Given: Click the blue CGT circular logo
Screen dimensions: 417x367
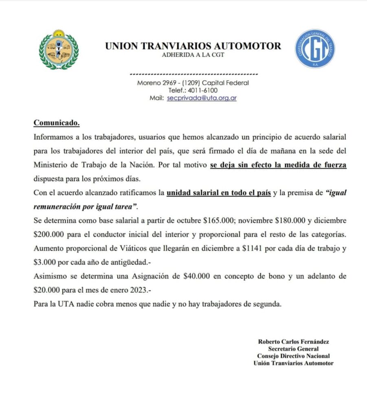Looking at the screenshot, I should [x=315, y=48].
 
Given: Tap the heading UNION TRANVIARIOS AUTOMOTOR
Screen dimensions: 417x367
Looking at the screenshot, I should [x=193, y=46].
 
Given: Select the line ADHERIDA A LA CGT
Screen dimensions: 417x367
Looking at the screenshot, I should [x=193, y=55].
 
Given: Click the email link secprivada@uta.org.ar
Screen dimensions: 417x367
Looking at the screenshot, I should [x=202, y=98].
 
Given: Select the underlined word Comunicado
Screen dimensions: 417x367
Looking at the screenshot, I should [x=56, y=122].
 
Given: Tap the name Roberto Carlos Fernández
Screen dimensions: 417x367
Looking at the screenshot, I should [x=293, y=342].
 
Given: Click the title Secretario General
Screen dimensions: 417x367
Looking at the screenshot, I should [x=293, y=349].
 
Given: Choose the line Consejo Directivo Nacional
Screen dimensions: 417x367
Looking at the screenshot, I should [x=293, y=356].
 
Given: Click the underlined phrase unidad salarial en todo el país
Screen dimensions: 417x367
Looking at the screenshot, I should [x=219, y=193].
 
